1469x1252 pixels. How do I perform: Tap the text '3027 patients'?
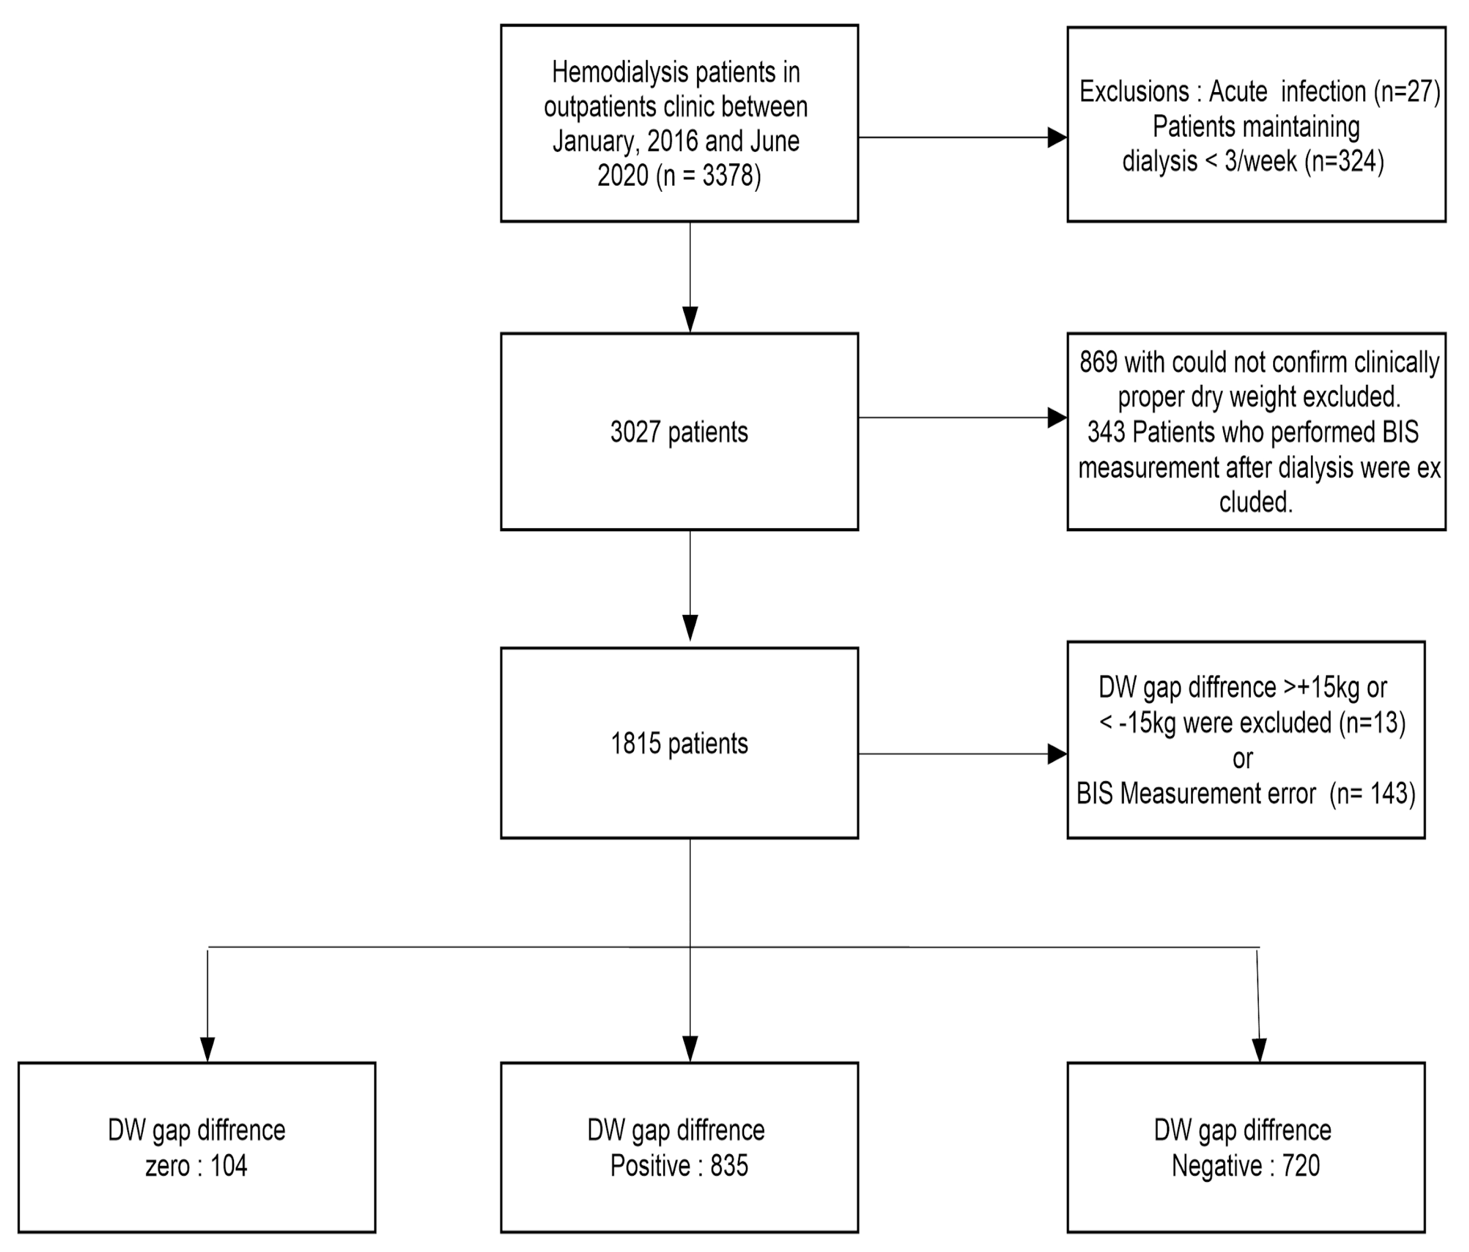pyautogui.click(x=679, y=432)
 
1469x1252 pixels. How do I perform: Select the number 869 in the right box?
pyautogui.click(x=1098, y=363)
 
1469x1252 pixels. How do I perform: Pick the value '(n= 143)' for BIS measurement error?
pyautogui.click(x=1371, y=793)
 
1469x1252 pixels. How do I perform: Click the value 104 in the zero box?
pyautogui.click(x=228, y=1166)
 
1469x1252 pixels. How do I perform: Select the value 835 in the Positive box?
pyautogui.click(x=729, y=1166)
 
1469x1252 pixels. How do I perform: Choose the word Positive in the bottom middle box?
pyautogui.click(x=650, y=1166)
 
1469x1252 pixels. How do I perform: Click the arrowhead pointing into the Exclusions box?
pyautogui.click(x=1057, y=138)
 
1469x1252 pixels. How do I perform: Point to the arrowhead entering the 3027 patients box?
pyautogui.click(x=690, y=319)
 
